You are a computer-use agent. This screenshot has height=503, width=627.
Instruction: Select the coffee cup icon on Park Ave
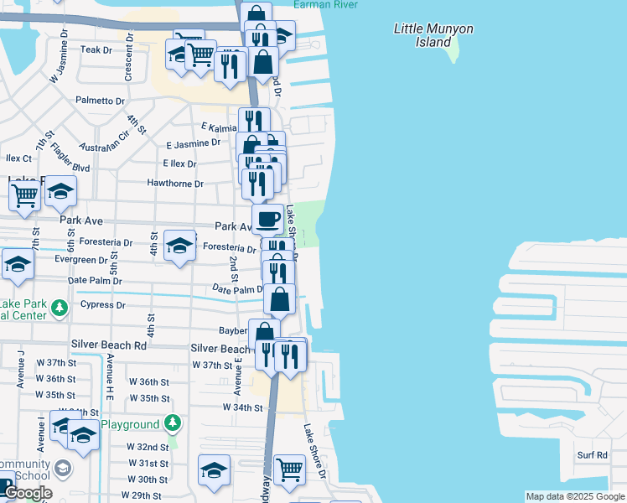[267, 220]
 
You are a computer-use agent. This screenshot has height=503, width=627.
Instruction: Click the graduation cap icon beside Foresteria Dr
[179, 246]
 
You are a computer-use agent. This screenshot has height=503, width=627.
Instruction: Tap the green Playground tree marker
[172, 422]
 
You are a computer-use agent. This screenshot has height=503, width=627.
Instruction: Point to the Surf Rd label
[592, 455]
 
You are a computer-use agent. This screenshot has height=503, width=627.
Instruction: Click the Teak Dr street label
[96, 50]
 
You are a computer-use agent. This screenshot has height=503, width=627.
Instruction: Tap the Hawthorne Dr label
[175, 184]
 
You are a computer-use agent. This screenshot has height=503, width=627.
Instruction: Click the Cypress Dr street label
[102, 305]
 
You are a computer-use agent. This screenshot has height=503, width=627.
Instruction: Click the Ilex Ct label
[18, 158]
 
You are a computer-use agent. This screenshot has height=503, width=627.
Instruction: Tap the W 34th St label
[243, 407]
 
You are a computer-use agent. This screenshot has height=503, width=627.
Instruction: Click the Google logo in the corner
[28, 493]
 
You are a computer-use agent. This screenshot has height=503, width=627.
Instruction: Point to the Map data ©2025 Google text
[574, 496]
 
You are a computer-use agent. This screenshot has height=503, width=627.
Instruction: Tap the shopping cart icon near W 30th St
[289, 469]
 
